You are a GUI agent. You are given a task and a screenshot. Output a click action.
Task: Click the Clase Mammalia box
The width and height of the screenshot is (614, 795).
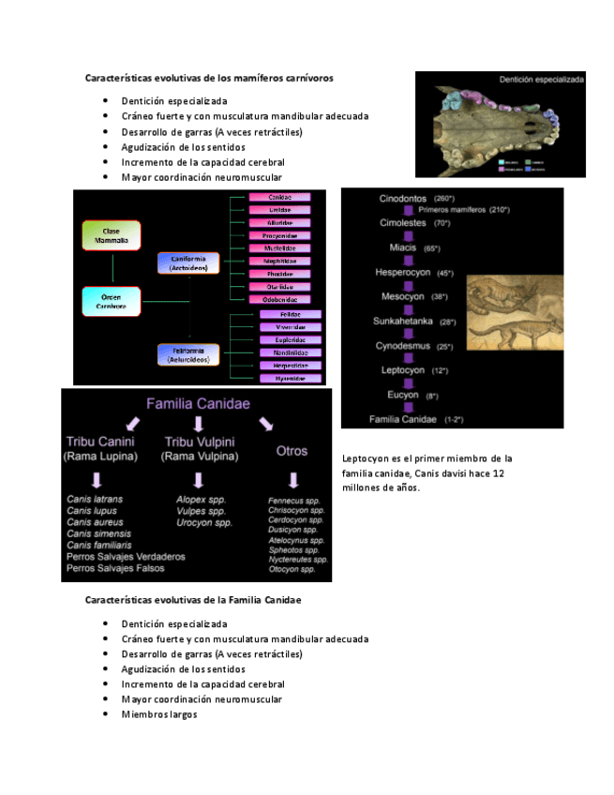[x=112, y=235]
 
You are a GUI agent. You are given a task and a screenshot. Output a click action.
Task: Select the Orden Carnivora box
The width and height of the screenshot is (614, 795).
[x=112, y=301]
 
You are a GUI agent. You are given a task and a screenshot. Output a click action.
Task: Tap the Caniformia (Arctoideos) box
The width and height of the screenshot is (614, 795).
[x=189, y=263]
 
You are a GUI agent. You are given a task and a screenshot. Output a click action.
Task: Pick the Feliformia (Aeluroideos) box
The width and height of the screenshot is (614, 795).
[x=189, y=354]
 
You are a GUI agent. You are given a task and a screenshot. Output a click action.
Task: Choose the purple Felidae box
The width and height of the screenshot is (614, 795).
[x=291, y=315]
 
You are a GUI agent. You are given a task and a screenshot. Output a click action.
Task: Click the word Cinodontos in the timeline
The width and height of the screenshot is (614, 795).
[x=403, y=200]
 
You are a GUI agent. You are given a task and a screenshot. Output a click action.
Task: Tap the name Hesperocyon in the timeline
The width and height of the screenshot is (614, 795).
[x=403, y=273]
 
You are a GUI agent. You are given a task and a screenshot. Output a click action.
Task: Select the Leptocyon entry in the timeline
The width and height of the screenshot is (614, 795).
[x=403, y=370]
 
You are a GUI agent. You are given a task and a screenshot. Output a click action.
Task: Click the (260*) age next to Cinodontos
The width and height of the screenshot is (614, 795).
[x=444, y=200]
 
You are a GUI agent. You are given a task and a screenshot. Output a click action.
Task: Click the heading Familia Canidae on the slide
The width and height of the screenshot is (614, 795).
[x=198, y=404]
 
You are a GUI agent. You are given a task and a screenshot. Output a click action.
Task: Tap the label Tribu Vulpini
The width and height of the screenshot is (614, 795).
[x=200, y=442]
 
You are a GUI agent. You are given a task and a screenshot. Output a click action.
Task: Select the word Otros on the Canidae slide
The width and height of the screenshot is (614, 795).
[x=292, y=451]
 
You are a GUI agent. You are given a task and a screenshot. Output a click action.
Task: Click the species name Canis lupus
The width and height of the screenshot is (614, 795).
[x=92, y=511]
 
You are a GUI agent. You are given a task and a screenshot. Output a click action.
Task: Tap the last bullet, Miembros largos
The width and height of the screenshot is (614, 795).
[x=158, y=714]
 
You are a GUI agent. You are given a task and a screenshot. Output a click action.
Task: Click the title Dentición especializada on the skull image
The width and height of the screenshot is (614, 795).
[x=541, y=81]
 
